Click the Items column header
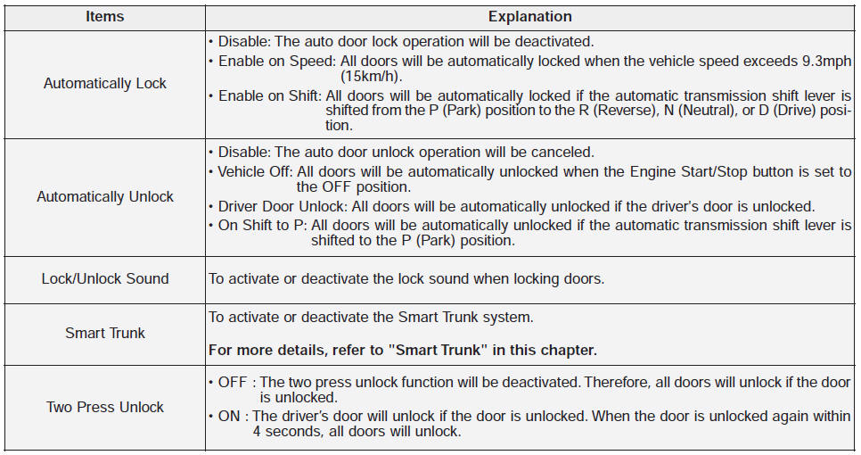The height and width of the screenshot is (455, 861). click(x=104, y=17)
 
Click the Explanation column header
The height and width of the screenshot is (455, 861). click(x=530, y=17)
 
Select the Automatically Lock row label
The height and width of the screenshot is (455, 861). click(x=105, y=84)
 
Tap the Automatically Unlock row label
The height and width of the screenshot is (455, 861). click(x=105, y=197)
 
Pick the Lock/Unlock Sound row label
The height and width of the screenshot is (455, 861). click(x=105, y=278)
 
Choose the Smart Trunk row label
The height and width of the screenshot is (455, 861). click(x=105, y=333)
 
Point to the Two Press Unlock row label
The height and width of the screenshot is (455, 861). click(x=105, y=407)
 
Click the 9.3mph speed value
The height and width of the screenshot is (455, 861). click(x=826, y=62)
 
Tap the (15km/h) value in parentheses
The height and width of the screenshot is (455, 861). click(x=371, y=76)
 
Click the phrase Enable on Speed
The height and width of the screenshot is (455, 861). click(x=276, y=62)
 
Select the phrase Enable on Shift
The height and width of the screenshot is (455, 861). click(x=268, y=96)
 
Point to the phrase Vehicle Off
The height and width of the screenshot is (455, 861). click(x=254, y=172)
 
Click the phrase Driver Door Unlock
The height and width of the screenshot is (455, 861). click(x=283, y=207)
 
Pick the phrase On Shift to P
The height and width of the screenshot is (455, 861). click(x=261, y=226)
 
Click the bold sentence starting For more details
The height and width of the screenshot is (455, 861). click(x=403, y=351)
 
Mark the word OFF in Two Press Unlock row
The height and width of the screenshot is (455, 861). click(x=233, y=383)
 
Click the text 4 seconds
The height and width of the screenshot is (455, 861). click(x=287, y=432)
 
